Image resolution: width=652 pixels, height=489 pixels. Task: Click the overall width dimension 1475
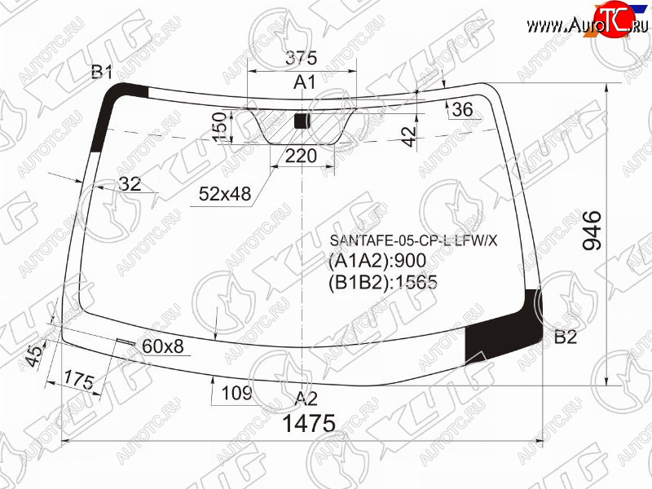coord(309,423)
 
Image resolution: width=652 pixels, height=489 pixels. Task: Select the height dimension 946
coord(592,231)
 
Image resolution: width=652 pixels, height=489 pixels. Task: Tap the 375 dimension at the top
coord(301,58)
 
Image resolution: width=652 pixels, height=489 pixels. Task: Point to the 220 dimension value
coord(301,156)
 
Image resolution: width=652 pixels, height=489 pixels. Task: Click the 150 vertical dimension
coord(220,127)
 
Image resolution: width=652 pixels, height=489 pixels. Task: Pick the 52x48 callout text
coord(225,194)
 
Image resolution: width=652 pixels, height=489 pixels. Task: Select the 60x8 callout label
coord(162,346)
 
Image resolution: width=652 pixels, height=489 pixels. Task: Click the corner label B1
coord(102,73)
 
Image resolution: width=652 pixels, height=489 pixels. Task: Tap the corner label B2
coord(566,337)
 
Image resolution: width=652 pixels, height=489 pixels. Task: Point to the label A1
coord(305,82)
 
